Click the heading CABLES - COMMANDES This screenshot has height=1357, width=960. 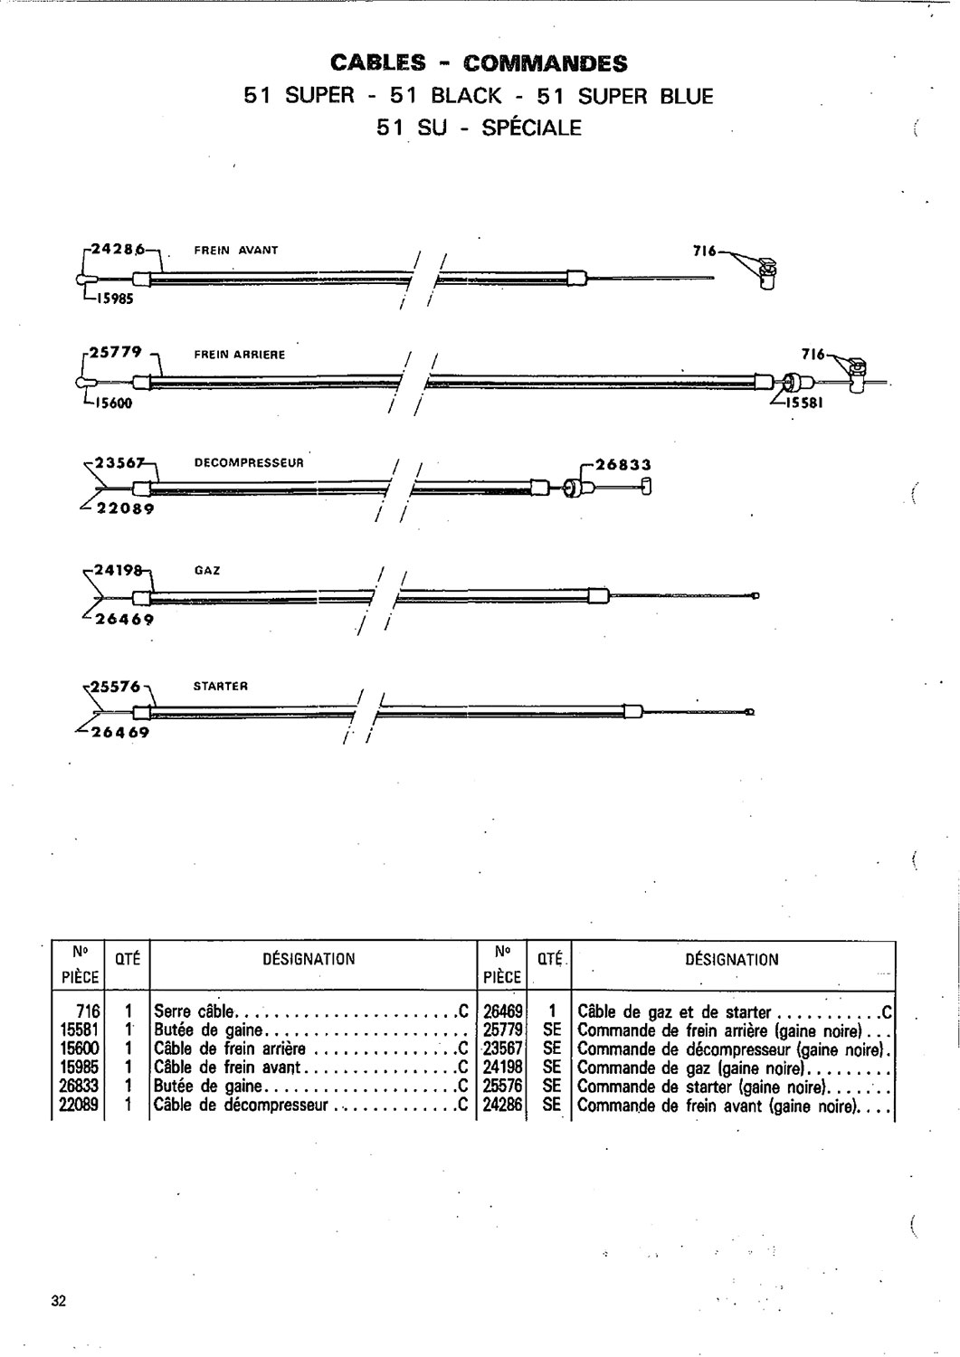coord(479,63)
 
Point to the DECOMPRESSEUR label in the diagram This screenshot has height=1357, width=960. coord(249,462)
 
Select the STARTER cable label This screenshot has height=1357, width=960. coord(221,686)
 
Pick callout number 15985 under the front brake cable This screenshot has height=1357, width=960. coord(111,300)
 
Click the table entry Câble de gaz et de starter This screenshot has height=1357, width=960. coord(674,1011)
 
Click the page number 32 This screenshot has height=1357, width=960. coord(59,1301)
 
